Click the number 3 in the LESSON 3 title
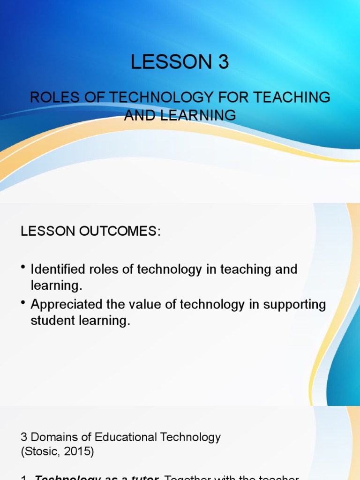[x=222, y=62]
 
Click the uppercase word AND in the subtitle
[x=137, y=115]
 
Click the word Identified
[x=58, y=270]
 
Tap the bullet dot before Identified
[x=23, y=267]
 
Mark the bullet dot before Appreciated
[x=23, y=302]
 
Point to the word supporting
[x=294, y=305]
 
